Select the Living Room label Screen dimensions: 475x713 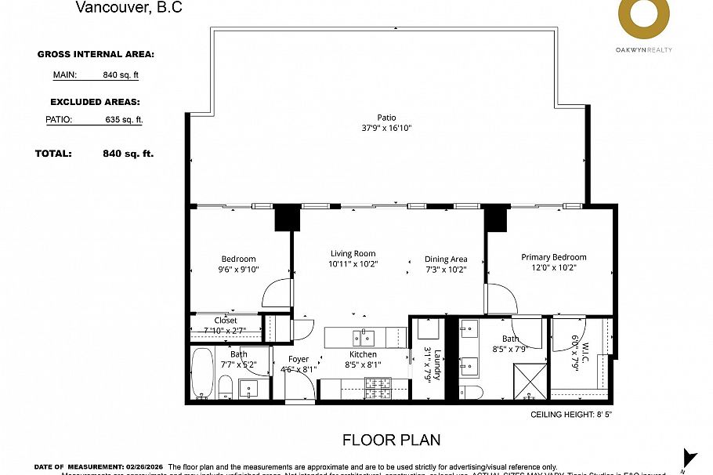coord(353,254)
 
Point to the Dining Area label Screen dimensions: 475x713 coord(446,259)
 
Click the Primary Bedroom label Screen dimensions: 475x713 coord(553,257)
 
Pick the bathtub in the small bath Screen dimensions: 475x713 coord(201,375)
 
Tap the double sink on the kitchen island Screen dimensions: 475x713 coord(363,338)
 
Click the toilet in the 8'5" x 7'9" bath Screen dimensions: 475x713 coord(472,391)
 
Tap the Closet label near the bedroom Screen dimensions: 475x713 coord(226,321)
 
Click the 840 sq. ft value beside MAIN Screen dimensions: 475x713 coord(121,75)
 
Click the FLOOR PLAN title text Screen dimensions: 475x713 coord(391,440)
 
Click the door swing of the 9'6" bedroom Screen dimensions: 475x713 coord(278,296)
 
